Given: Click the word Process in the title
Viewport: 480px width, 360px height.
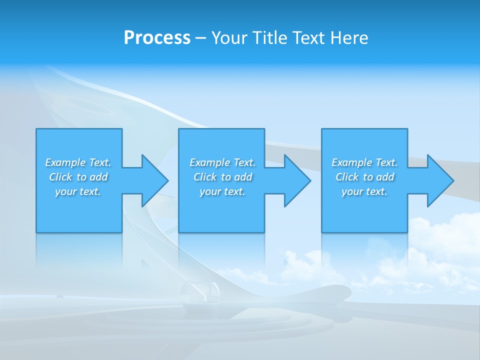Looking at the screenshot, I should [157, 38].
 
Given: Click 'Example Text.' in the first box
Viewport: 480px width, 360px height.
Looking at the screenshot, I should [78, 162].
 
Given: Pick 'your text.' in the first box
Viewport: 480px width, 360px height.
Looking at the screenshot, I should [78, 191].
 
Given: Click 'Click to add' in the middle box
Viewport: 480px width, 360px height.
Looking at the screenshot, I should [222, 177].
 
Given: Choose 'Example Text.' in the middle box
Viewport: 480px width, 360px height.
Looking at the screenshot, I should [222, 162].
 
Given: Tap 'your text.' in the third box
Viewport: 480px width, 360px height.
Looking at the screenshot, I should [364, 191].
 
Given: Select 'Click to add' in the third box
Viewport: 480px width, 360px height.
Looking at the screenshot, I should [364, 177].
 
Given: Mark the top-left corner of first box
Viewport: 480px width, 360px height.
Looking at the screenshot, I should [36, 129].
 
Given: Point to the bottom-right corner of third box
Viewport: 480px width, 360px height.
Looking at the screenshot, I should [407, 232].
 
